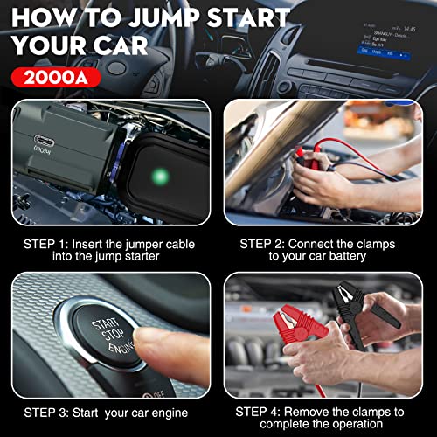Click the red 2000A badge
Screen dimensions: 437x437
pyautogui.click(x=54, y=77)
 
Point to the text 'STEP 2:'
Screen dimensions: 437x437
pyautogui.click(x=265, y=244)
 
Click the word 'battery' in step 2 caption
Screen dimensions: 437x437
pyautogui.click(x=350, y=258)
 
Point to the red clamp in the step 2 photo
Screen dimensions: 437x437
pyautogui.click(x=307, y=158)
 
